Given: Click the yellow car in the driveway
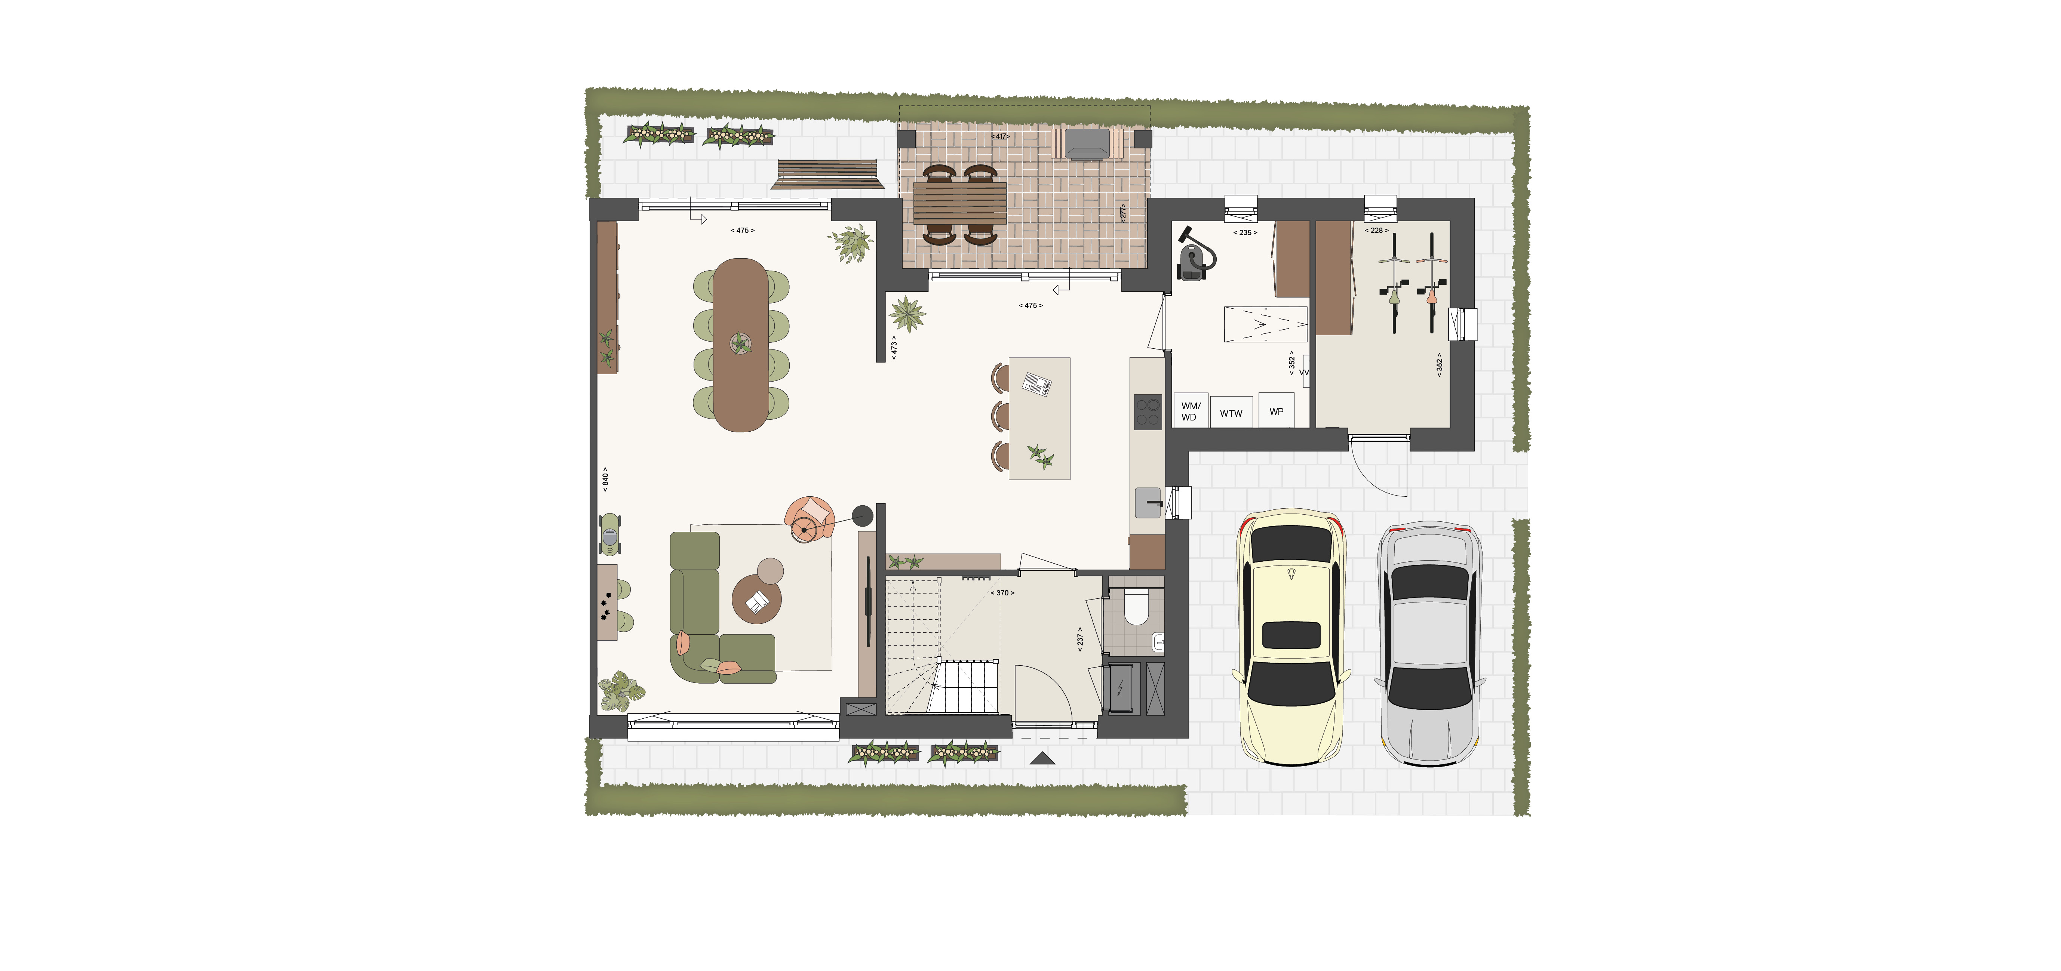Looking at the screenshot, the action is pyautogui.click(x=1292, y=638).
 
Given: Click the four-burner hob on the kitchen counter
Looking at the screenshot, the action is pyautogui.click(x=1147, y=412).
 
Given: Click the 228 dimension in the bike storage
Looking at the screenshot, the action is pyautogui.click(x=1376, y=230).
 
